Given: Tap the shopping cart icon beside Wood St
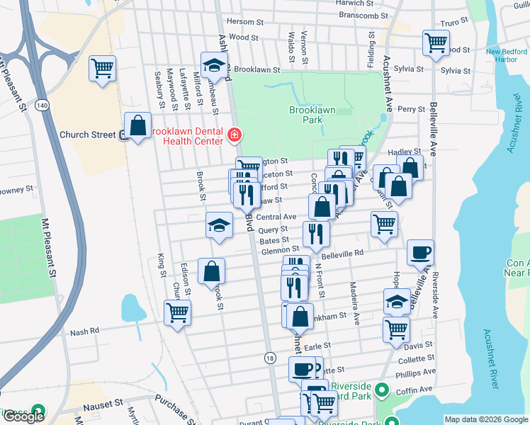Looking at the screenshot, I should (435, 42).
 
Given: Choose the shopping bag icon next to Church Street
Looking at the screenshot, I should (137, 125).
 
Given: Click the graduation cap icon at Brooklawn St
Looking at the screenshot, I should (213, 65).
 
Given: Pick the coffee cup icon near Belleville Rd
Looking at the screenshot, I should (420, 251).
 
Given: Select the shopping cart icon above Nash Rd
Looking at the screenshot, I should (176, 312).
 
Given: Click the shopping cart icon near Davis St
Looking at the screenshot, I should (396, 329).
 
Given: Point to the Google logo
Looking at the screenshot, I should (23, 416).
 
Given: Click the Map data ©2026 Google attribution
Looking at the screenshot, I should (486, 419).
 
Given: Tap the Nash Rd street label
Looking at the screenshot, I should (84, 331).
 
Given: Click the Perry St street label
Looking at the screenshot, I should (410, 109).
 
